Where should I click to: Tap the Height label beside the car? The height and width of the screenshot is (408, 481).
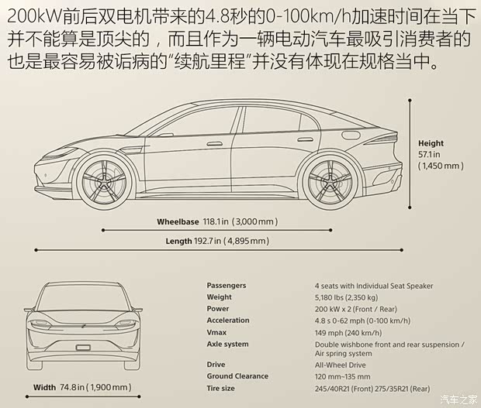431,143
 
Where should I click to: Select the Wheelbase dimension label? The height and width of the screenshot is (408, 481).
178,221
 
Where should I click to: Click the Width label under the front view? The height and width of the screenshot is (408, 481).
44,387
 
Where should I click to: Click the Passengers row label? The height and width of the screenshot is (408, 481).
227,286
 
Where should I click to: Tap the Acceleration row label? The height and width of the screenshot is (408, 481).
228,321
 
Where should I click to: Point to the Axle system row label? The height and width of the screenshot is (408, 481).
228,344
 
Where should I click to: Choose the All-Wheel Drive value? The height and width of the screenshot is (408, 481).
341,365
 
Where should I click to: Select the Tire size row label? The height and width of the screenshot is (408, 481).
221,388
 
